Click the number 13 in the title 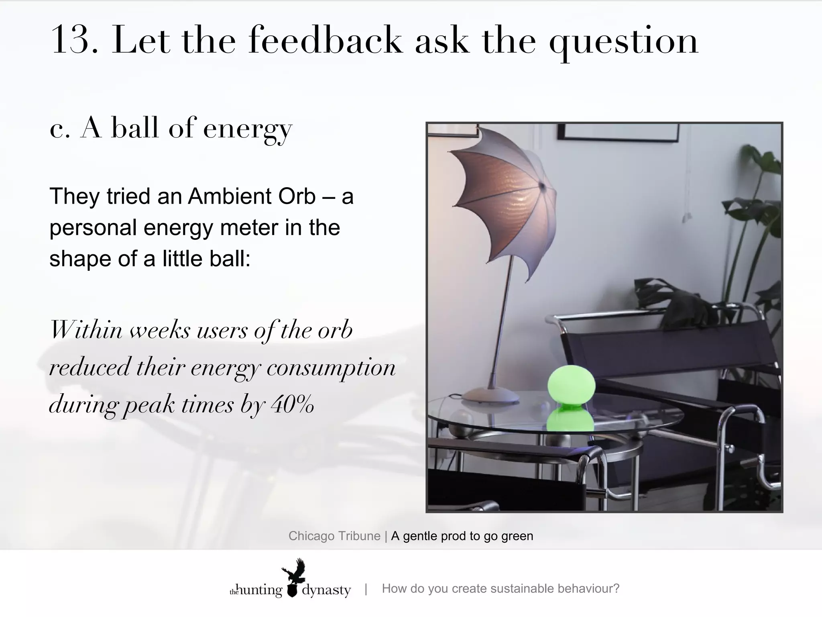[74, 40]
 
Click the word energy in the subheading [247, 129]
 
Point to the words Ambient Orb [252, 196]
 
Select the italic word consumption [331, 367]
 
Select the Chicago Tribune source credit [334, 536]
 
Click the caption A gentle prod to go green [462, 536]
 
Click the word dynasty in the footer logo [326, 590]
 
